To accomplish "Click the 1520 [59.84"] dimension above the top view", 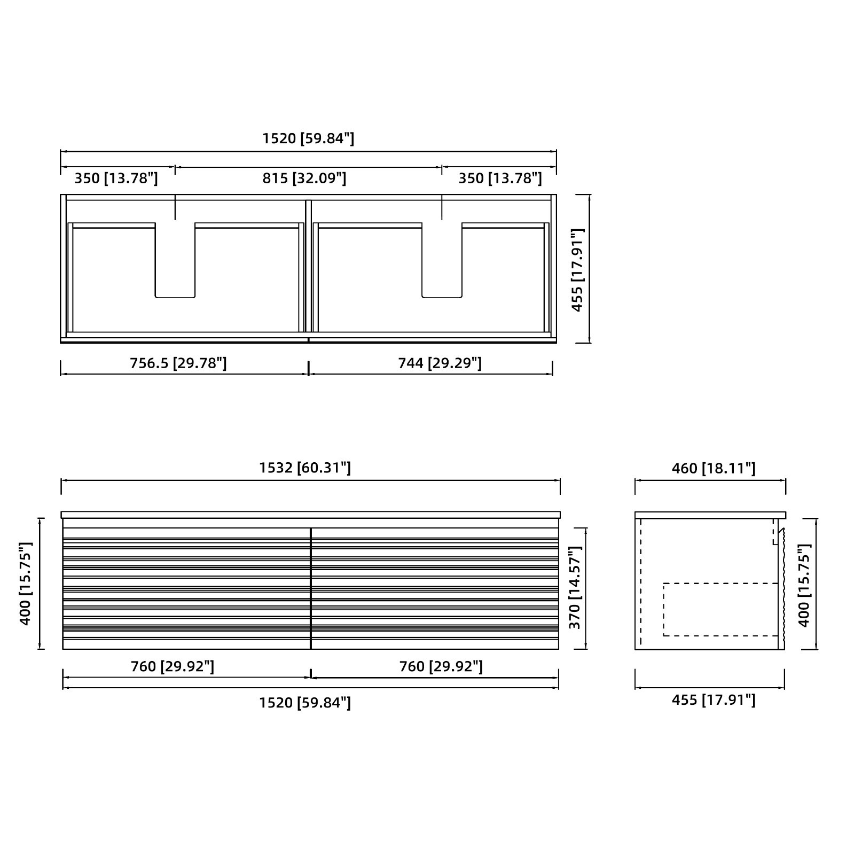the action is click(308, 138).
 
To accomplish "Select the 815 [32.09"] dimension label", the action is click(304, 178).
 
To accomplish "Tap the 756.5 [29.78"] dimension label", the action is click(178, 363).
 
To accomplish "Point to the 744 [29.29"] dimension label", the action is click(440, 363).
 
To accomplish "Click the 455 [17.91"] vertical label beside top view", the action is click(577, 270).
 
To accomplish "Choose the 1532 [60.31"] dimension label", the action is click(305, 468).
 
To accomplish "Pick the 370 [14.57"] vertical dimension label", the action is click(574, 587).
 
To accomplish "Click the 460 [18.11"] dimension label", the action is click(714, 468).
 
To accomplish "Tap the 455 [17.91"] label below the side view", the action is click(714, 699).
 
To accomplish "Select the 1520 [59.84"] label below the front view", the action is click(305, 702).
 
